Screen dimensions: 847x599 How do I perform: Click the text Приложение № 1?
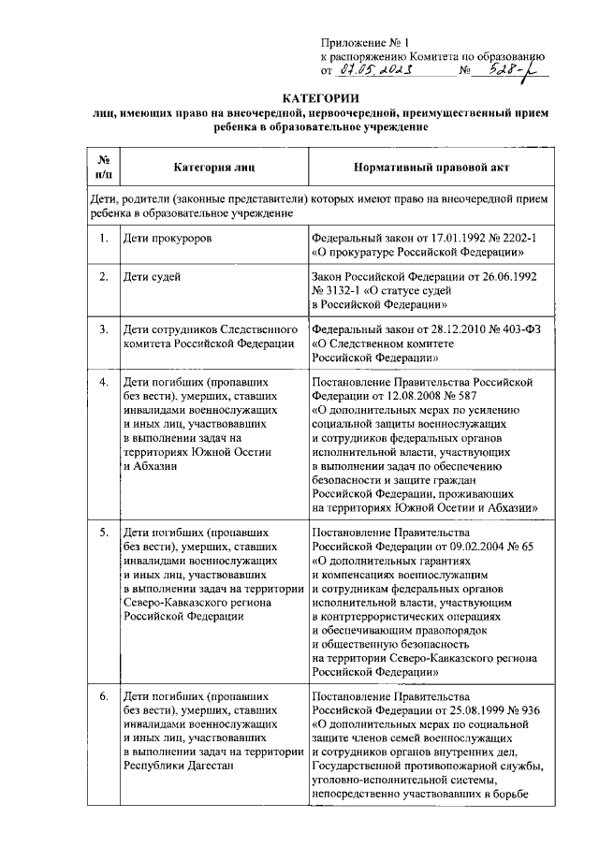(x=358, y=42)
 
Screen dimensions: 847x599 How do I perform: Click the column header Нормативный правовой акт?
(x=431, y=168)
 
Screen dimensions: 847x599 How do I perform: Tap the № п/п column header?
(x=103, y=167)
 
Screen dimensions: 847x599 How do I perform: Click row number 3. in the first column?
(x=103, y=329)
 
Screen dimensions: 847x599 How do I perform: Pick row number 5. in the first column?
(x=103, y=532)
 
